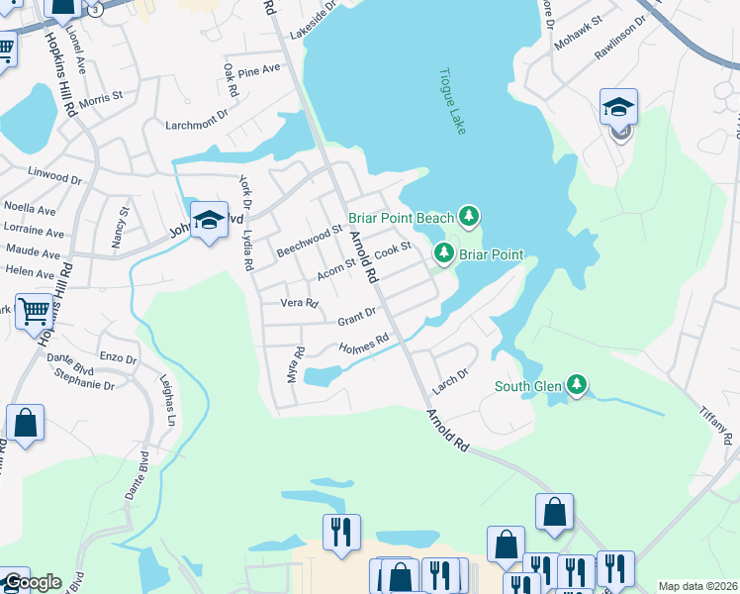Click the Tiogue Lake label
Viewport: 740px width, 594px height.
click(453, 102)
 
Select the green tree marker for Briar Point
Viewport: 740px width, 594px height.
click(444, 254)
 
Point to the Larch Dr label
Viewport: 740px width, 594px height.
click(447, 372)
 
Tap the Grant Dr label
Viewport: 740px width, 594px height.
click(357, 318)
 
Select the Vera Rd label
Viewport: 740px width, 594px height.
click(299, 303)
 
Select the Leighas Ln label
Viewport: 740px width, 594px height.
click(168, 405)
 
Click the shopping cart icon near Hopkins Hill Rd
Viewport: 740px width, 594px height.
click(35, 313)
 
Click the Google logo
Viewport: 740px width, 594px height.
click(32, 582)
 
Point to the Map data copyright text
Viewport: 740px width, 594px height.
click(697, 586)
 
